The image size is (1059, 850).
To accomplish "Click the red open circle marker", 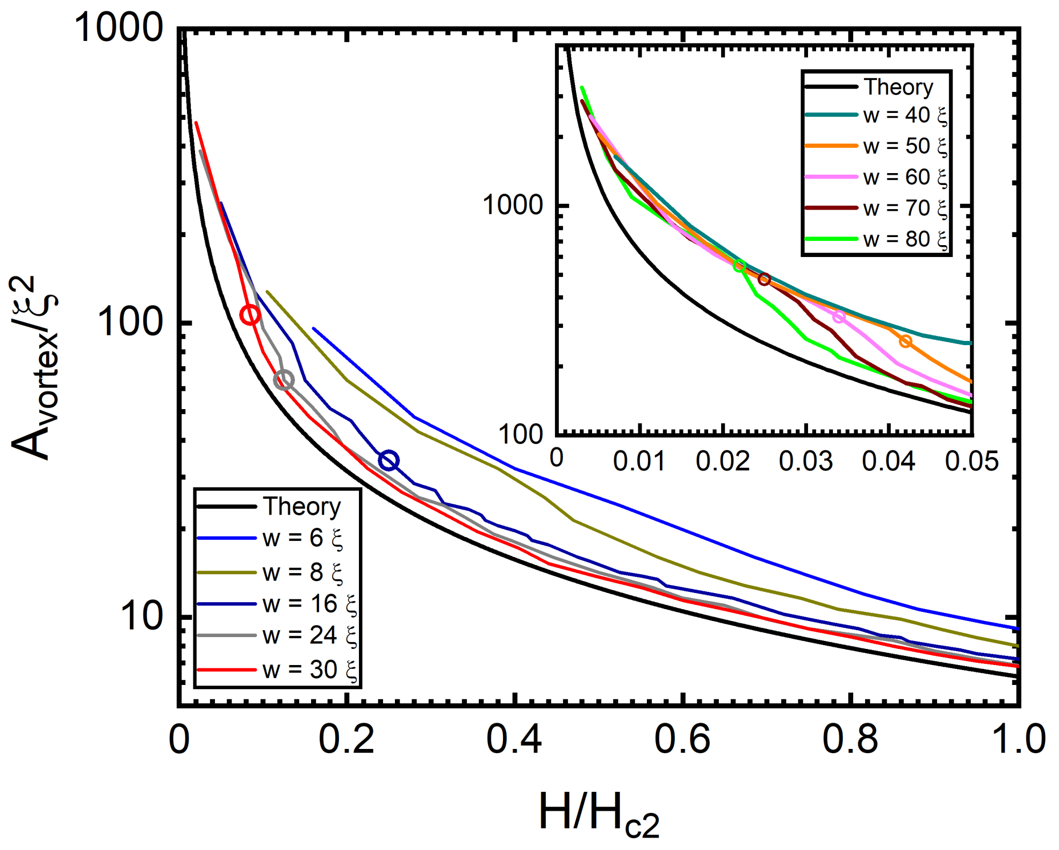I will pos(250,315).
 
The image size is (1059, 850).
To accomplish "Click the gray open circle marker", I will pos(284,380).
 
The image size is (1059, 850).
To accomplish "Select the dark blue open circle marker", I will pos(388,460).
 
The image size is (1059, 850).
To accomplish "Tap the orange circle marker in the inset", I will pos(905,341).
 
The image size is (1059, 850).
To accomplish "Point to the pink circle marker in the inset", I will pos(838,317).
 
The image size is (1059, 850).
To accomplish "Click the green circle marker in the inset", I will pos(740,266).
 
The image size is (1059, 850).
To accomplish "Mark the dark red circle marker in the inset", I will pos(764,279).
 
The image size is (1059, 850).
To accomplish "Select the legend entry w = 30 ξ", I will pos(309,670).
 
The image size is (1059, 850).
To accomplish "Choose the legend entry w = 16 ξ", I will pos(309,604).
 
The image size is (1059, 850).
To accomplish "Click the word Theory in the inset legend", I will pos(898,87).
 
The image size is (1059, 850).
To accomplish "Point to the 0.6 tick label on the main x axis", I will pos(682,739).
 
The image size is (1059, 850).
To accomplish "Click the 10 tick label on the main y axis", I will pos(141,616).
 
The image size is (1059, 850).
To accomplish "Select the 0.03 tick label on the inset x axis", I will pos(805,461).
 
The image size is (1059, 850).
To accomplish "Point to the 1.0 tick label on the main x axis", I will pos(1017,739).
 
